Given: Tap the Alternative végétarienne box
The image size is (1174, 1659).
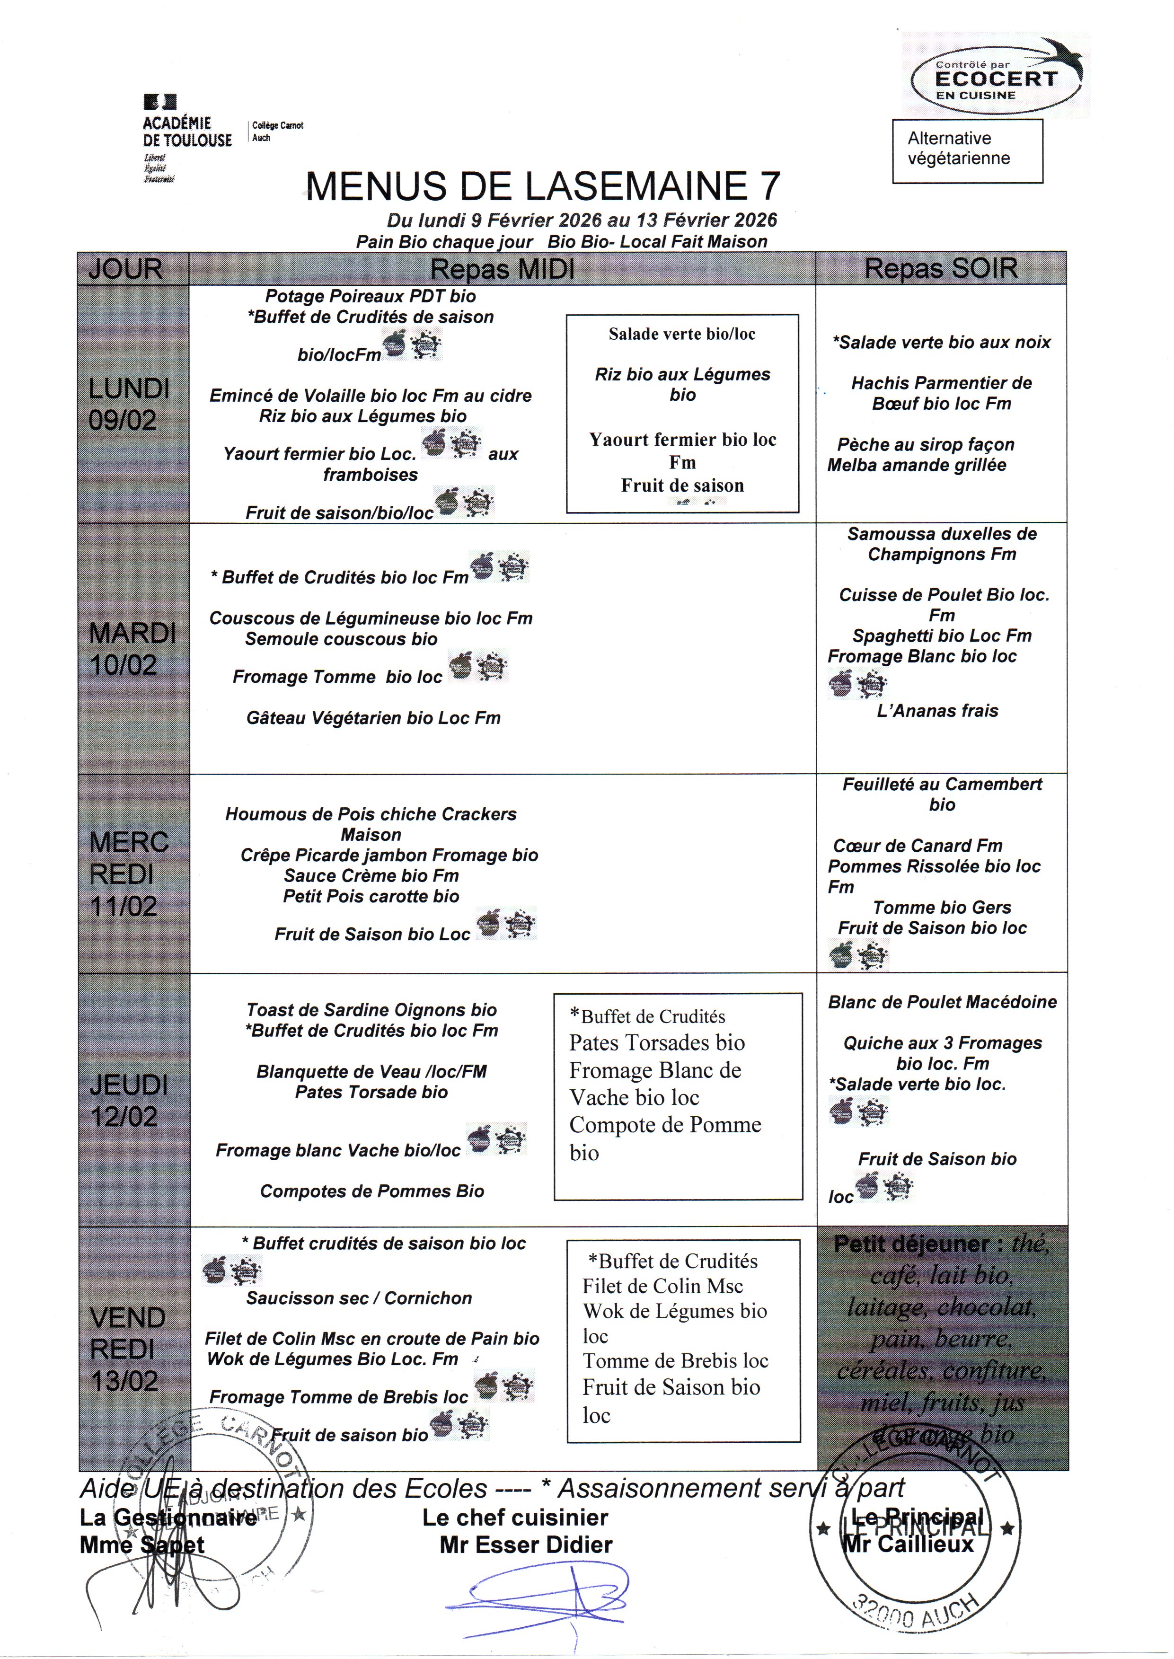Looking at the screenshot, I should [x=967, y=150].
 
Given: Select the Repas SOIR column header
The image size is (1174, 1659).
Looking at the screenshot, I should [x=941, y=269].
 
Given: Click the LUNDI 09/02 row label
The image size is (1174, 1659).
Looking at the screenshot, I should [x=129, y=404].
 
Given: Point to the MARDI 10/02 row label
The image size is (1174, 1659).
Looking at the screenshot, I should [x=132, y=648].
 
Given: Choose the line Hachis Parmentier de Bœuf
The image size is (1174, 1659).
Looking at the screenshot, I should [x=941, y=393].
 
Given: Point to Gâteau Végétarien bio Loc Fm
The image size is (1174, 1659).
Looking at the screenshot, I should [x=373, y=718].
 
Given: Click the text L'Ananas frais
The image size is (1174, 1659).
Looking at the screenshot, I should [x=937, y=711].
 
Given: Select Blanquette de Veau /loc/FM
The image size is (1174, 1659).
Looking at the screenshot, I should [x=371, y=1071].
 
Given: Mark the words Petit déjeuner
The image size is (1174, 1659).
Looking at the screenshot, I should [x=911, y=1244].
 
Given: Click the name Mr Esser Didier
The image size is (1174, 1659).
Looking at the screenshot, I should [x=526, y=1545].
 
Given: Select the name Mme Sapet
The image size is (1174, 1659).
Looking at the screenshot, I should [x=141, y=1545].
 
